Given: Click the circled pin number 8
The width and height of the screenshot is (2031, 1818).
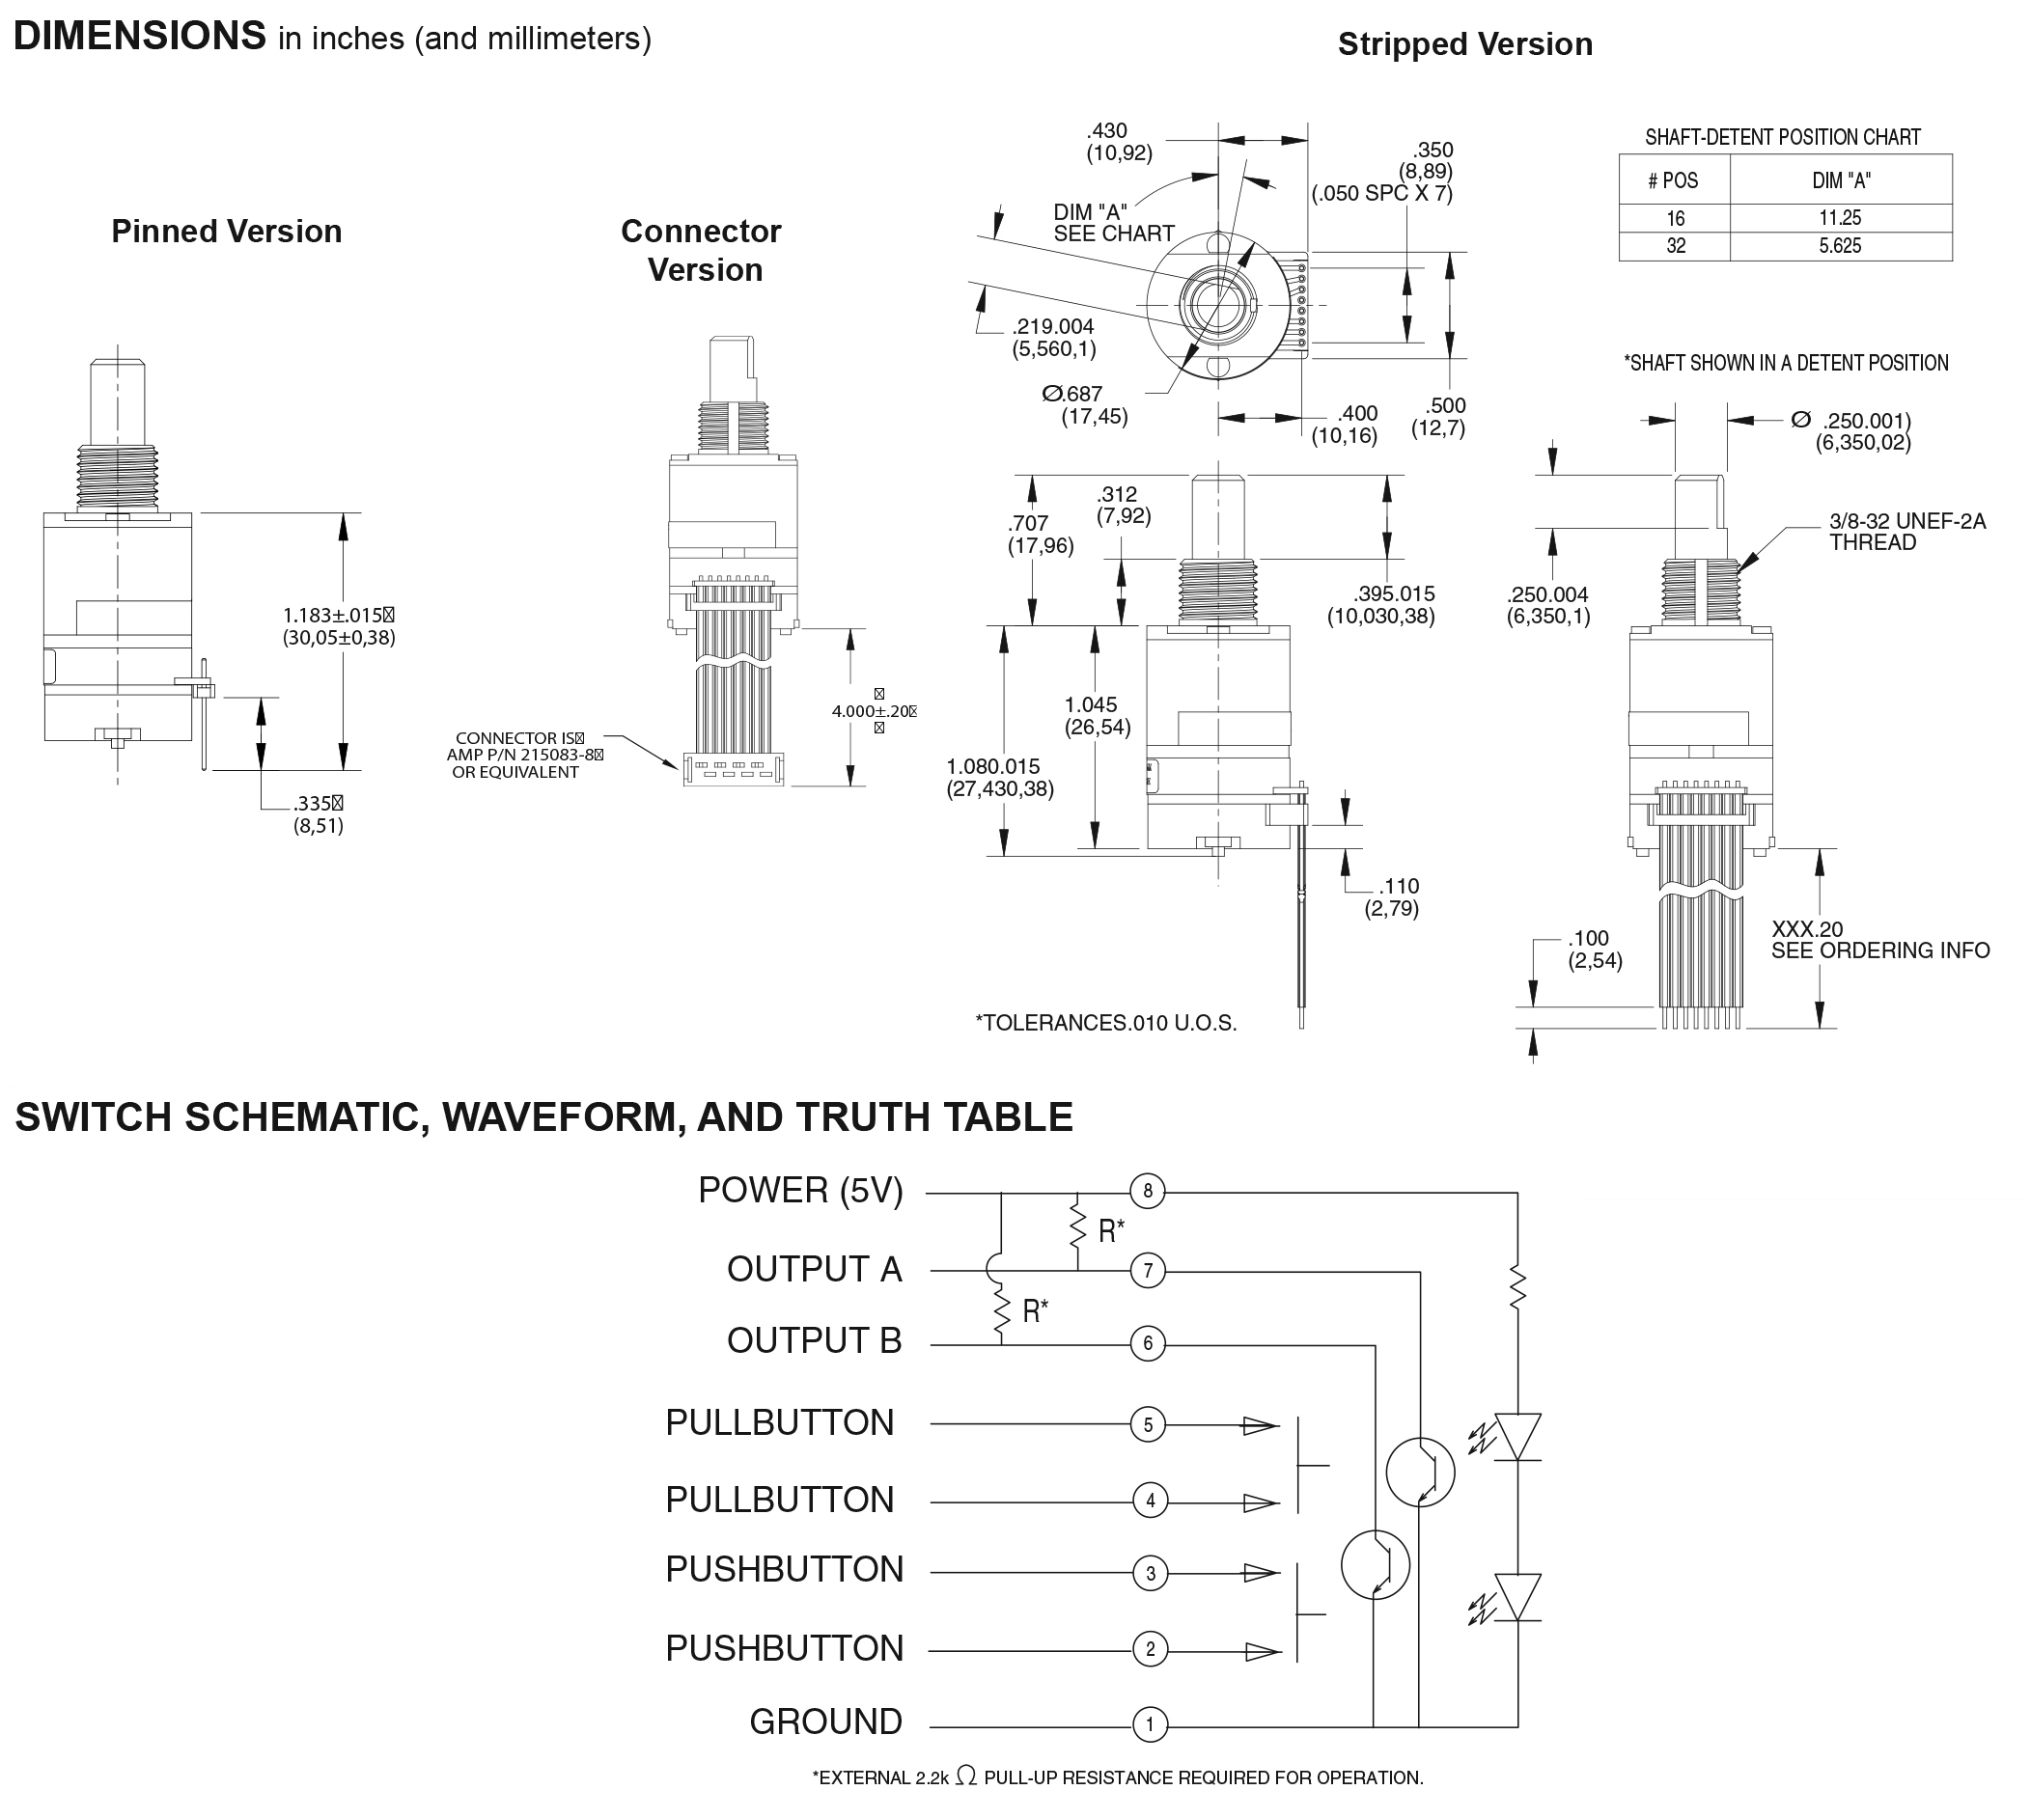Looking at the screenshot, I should tap(1147, 1191).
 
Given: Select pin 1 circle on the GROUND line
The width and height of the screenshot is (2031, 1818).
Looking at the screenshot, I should tap(1150, 1724).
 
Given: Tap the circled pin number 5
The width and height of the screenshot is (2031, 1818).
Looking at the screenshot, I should tap(1148, 1424).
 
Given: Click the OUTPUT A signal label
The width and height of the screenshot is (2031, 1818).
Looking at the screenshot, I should tap(814, 1270).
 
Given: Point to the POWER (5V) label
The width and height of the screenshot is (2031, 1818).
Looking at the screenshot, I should tap(800, 1191).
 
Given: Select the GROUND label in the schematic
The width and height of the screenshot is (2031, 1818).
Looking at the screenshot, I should tap(825, 1722).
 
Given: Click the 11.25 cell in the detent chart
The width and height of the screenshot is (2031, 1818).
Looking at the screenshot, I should tap(1839, 218).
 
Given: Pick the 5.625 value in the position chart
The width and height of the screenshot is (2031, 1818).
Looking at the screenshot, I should tap(1839, 246).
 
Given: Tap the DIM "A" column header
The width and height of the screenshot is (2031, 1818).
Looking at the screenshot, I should tap(1841, 180).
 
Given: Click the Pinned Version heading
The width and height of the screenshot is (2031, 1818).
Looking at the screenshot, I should tap(227, 232).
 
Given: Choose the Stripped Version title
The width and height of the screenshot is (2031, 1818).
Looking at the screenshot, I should tap(1464, 45).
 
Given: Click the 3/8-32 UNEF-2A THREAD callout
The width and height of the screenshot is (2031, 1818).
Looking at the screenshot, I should tap(1906, 532).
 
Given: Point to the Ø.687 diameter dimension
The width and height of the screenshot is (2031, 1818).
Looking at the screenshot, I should tap(1084, 404).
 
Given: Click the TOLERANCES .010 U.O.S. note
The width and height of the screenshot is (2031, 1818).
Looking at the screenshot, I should tap(1106, 1023).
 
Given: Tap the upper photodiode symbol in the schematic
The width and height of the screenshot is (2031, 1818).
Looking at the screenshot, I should tap(1517, 1437).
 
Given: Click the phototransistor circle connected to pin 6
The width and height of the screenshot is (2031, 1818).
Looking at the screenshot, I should tap(1375, 1565).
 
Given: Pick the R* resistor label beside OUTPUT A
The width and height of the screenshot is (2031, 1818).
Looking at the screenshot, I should tap(1111, 1230).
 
